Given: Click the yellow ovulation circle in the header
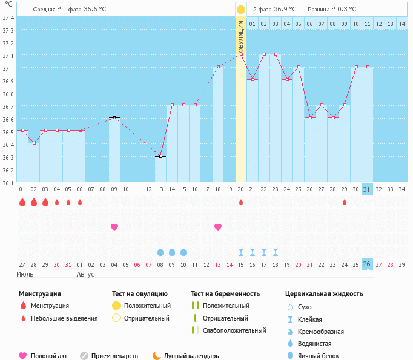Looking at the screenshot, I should (241, 10).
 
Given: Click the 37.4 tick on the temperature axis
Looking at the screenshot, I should (8, 18).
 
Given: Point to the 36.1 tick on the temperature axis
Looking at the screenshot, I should (8, 183).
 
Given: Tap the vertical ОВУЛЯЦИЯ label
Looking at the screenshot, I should (241, 36).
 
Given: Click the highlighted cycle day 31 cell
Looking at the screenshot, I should (367, 189).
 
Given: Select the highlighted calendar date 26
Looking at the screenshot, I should (367, 264).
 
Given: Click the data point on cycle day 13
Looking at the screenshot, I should (160, 156).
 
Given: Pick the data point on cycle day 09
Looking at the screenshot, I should (114, 117).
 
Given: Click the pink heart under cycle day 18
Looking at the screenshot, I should (218, 227).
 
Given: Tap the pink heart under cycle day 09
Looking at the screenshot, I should (114, 227).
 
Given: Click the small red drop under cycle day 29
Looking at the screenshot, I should (345, 202).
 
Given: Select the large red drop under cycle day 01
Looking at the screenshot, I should (22, 202).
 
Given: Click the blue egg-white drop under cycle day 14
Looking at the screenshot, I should (172, 252).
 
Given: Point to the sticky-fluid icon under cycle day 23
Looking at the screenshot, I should (276, 252).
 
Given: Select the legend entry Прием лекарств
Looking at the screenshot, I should (114, 356).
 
